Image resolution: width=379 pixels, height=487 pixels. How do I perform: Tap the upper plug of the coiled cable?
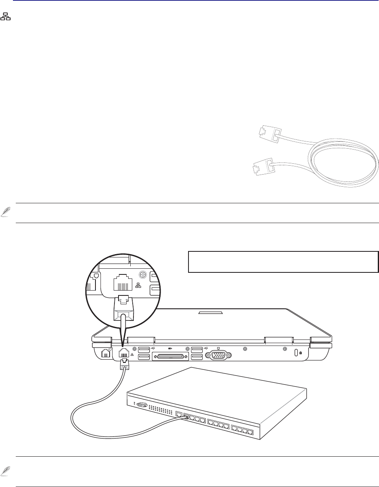[267, 133]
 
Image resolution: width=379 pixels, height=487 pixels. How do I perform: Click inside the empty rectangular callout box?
[283, 262]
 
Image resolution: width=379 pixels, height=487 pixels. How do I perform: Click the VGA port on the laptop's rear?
[218, 355]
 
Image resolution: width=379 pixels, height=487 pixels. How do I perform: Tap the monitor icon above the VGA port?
[218, 347]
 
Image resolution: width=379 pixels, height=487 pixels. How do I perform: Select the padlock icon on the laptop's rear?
[300, 353]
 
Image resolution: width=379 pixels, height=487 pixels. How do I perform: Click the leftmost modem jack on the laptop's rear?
[106, 353]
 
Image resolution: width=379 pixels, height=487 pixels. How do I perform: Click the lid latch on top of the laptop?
[210, 312]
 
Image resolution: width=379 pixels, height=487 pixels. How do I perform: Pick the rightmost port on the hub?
[251, 433]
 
